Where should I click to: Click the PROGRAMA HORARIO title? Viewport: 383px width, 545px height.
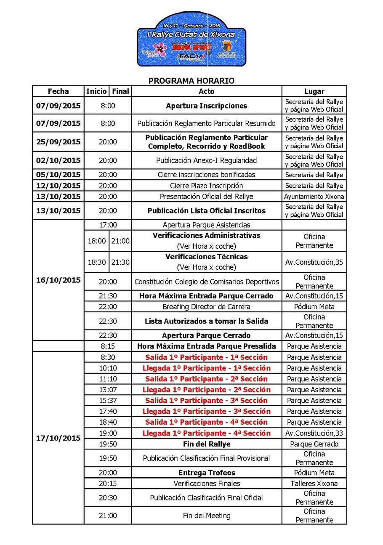[191, 80]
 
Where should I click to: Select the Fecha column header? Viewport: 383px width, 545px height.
[58, 91]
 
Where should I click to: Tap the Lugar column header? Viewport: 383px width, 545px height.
[314, 91]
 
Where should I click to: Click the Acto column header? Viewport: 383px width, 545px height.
[206, 91]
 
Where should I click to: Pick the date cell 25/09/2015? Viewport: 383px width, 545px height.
[58, 142]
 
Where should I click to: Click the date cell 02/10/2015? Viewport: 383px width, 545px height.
[58, 160]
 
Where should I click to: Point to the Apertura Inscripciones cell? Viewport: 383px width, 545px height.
[206, 106]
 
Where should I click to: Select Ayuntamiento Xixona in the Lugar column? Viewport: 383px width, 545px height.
[314, 197]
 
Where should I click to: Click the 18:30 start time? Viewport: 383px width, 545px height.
[96, 262]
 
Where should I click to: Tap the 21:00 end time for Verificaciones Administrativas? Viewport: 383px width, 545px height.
[120, 241]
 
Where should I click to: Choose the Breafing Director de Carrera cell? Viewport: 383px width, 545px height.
[206, 307]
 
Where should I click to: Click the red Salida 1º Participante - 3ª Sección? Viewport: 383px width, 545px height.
[206, 401]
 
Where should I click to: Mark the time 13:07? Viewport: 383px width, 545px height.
[108, 390]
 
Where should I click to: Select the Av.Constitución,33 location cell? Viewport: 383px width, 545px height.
[314, 433]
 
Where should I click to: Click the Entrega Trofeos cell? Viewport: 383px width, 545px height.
[206, 473]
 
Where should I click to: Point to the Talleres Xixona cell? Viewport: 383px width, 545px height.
[314, 484]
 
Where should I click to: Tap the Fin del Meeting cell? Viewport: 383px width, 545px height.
[206, 516]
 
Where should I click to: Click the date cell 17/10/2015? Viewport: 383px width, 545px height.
[58, 438]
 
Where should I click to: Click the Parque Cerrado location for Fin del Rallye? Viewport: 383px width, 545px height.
[314, 444]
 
